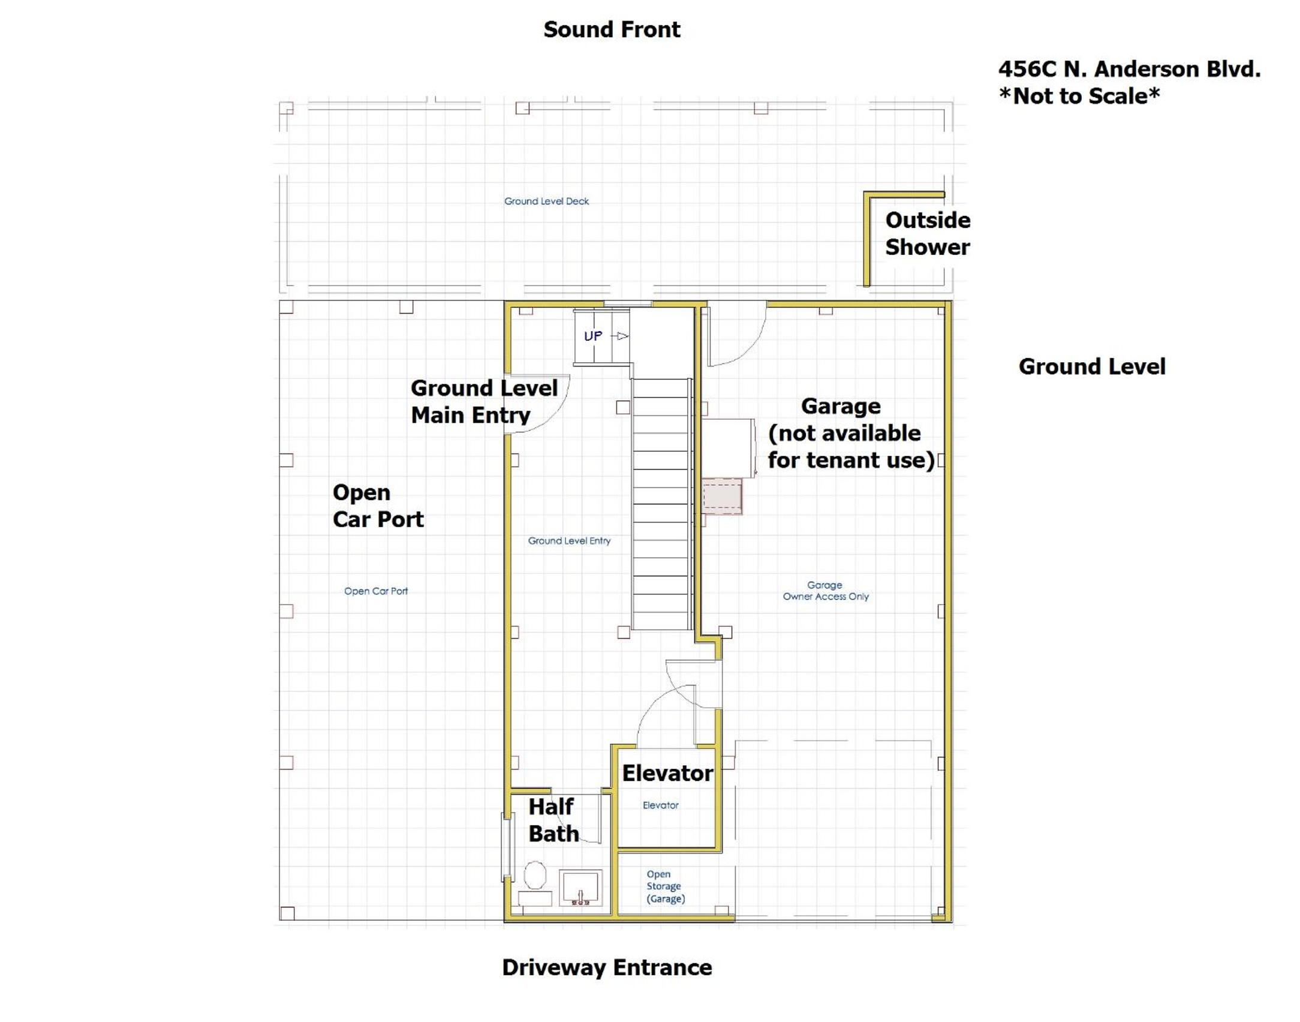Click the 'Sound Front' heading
tap(612, 29)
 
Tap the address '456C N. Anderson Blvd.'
tap(1129, 69)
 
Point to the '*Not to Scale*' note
tap(1079, 96)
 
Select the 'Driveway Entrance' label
tap(607, 967)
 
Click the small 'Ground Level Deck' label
tap(546, 202)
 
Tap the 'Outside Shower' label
tap(928, 233)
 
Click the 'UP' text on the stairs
tap(593, 336)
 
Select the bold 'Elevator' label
tap(667, 773)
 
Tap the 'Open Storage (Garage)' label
tap(666, 886)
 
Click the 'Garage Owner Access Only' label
tap(826, 591)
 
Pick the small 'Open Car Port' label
tap(376, 591)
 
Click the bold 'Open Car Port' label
tap(378, 506)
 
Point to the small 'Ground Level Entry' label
tap(569, 541)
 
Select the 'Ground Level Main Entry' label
tap(484, 401)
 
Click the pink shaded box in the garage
tap(723, 496)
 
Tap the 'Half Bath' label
tap(553, 820)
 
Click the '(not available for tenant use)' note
tap(851, 447)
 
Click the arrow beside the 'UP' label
tap(620, 336)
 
